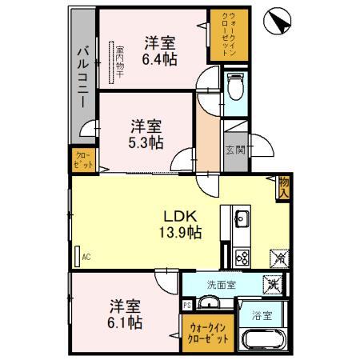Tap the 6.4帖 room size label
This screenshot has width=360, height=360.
(x=160, y=58)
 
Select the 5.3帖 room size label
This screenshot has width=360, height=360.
(x=147, y=142)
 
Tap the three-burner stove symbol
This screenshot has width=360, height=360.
(x=241, y=257)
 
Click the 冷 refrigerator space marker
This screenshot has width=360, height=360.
(x=279, y=258)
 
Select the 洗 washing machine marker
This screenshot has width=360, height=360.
(x=273, y=282)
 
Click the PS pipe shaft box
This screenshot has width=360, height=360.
(x=187, y=305)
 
